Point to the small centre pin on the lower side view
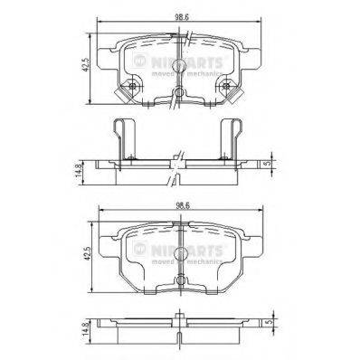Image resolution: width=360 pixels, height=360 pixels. [x=181, y=317]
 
